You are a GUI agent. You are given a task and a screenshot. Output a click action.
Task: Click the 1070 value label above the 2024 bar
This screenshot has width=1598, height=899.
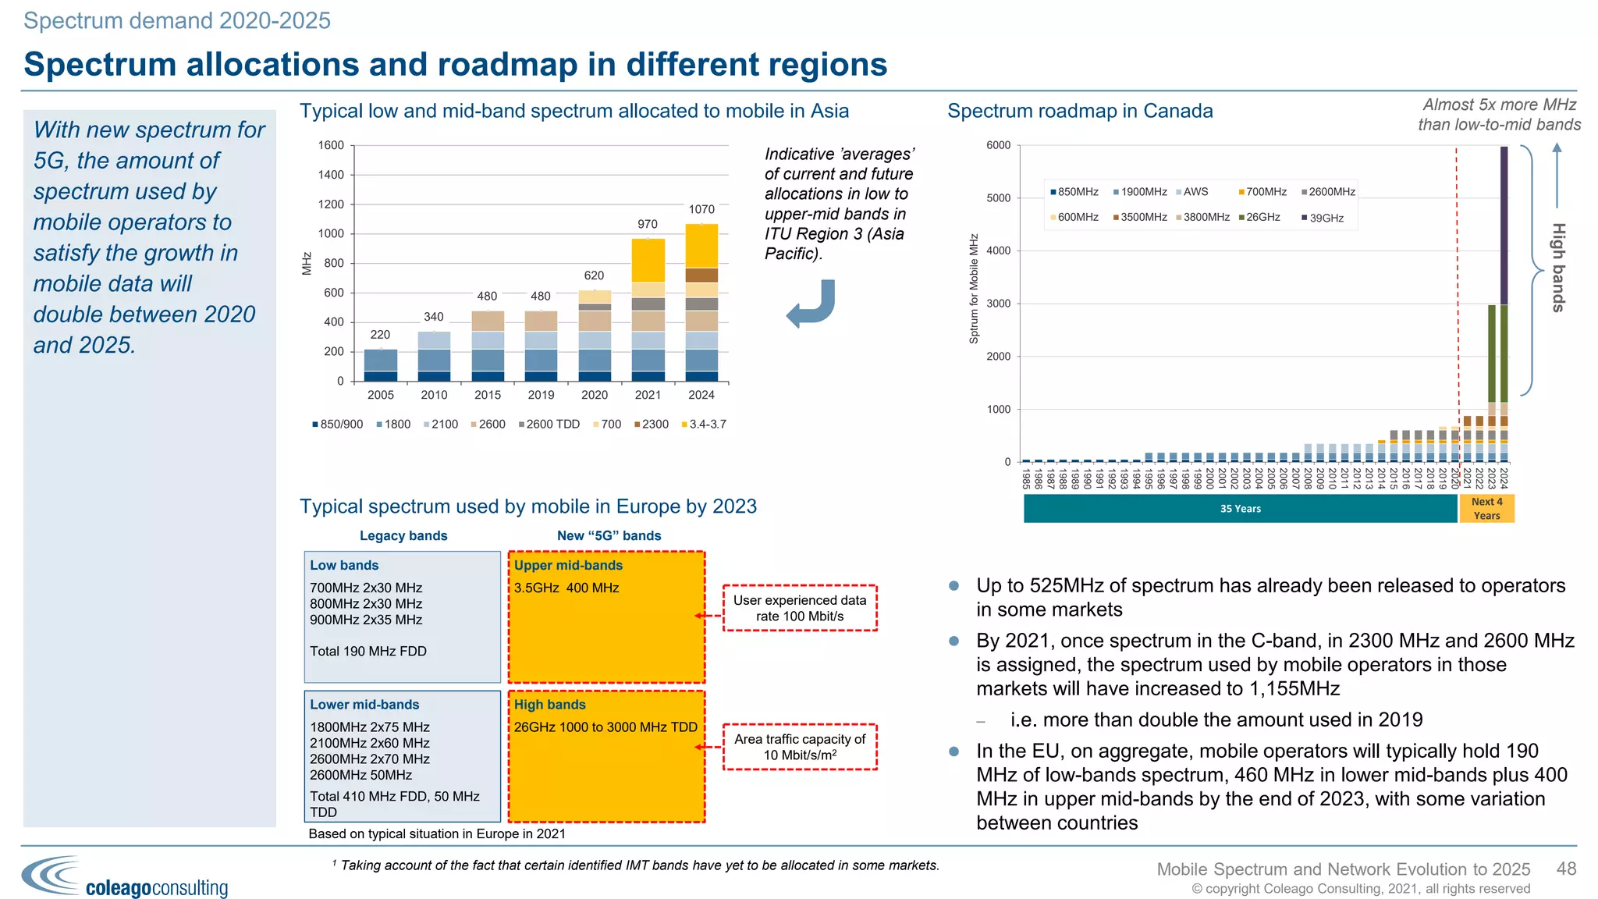(701, 209)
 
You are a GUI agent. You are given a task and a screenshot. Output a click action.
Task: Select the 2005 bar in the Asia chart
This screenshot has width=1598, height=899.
(381, 365)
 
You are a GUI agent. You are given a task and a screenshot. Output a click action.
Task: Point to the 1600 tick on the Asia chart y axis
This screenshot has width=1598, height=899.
(331, 145)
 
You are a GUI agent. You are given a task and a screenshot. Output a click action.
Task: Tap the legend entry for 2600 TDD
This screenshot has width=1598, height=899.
(549, 425)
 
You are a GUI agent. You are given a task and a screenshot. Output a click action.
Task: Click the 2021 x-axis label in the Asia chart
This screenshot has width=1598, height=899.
(648, 395)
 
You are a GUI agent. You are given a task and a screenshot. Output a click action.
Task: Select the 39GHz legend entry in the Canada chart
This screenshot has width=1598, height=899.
(1323, 218)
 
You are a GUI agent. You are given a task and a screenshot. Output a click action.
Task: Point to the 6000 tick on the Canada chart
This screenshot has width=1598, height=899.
(998, 145)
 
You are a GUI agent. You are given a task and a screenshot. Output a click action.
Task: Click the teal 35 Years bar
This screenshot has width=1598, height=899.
(1240, 509)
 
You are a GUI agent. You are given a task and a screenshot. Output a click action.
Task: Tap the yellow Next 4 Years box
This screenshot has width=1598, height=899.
(1486, 509)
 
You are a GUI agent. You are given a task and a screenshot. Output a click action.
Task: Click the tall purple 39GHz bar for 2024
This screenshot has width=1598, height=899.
(1504, 226)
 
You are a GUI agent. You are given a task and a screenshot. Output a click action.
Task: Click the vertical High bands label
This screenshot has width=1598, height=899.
(1557, 268)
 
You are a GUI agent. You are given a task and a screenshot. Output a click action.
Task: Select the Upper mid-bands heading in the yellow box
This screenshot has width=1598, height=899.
(568, 565)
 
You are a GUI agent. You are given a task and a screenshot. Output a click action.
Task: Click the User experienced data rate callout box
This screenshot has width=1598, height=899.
(800, 608)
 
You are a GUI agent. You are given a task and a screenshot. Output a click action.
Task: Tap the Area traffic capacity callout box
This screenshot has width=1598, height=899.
(800, 747)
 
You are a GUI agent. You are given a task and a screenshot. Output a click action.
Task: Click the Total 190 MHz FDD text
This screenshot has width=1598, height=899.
(368, 651)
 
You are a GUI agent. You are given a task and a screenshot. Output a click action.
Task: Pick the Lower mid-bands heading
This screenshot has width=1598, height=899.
(364, 704)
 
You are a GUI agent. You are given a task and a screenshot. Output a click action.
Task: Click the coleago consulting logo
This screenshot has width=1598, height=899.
(125, 878)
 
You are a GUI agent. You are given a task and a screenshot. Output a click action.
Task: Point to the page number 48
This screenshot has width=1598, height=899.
(1566, 869)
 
